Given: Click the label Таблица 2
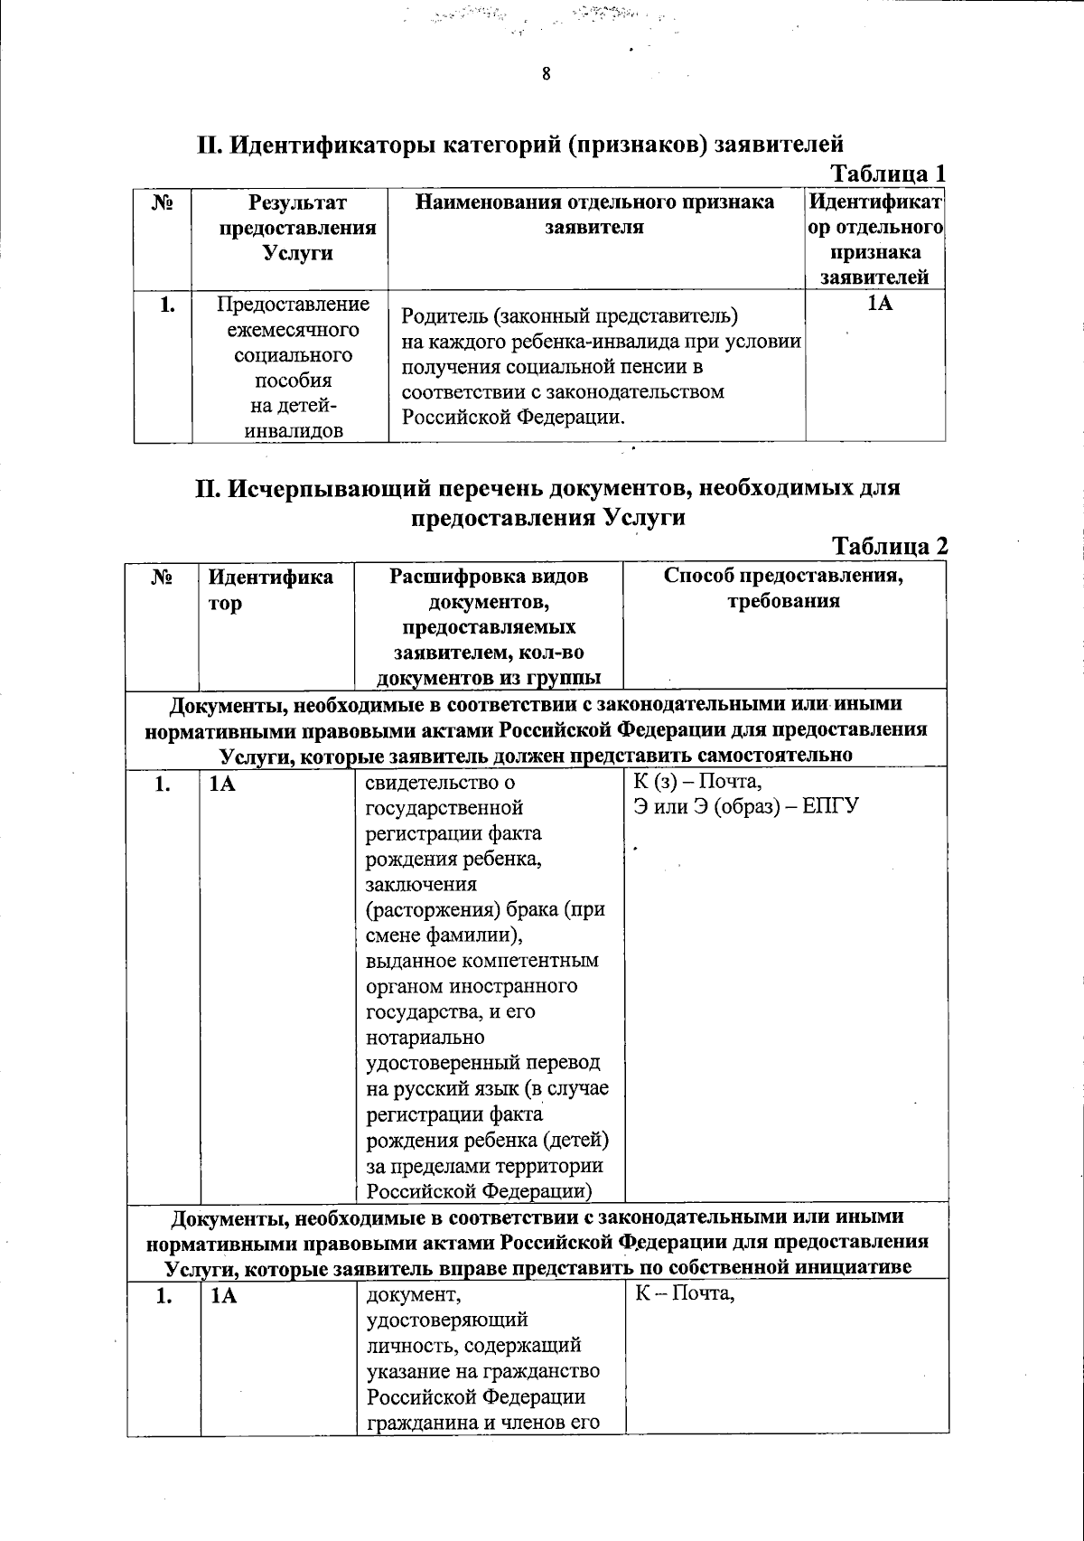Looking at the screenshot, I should coord(889,546).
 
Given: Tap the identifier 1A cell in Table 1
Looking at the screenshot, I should coord(879,304).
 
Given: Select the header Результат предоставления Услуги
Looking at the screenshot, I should coord(297,227).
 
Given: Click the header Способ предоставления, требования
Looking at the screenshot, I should coord(784,588).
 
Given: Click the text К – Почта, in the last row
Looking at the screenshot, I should coord(686,1295).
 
